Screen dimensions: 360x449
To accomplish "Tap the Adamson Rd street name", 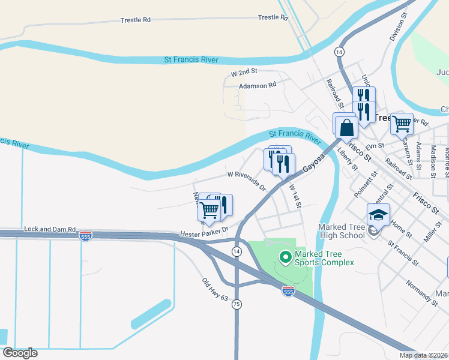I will click(258, 86).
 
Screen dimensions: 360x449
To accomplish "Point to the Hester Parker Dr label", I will click(205, 232).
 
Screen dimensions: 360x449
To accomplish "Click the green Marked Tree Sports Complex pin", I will click(285, 257).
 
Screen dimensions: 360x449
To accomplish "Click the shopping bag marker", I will click(347, 127).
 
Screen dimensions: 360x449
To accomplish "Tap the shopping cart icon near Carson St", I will click(402, 124).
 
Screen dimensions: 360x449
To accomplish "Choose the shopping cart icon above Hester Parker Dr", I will click(209, 209).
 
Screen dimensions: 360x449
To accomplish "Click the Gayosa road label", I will click(313, 161).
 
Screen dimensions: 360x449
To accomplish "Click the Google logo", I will click(20, 352).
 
